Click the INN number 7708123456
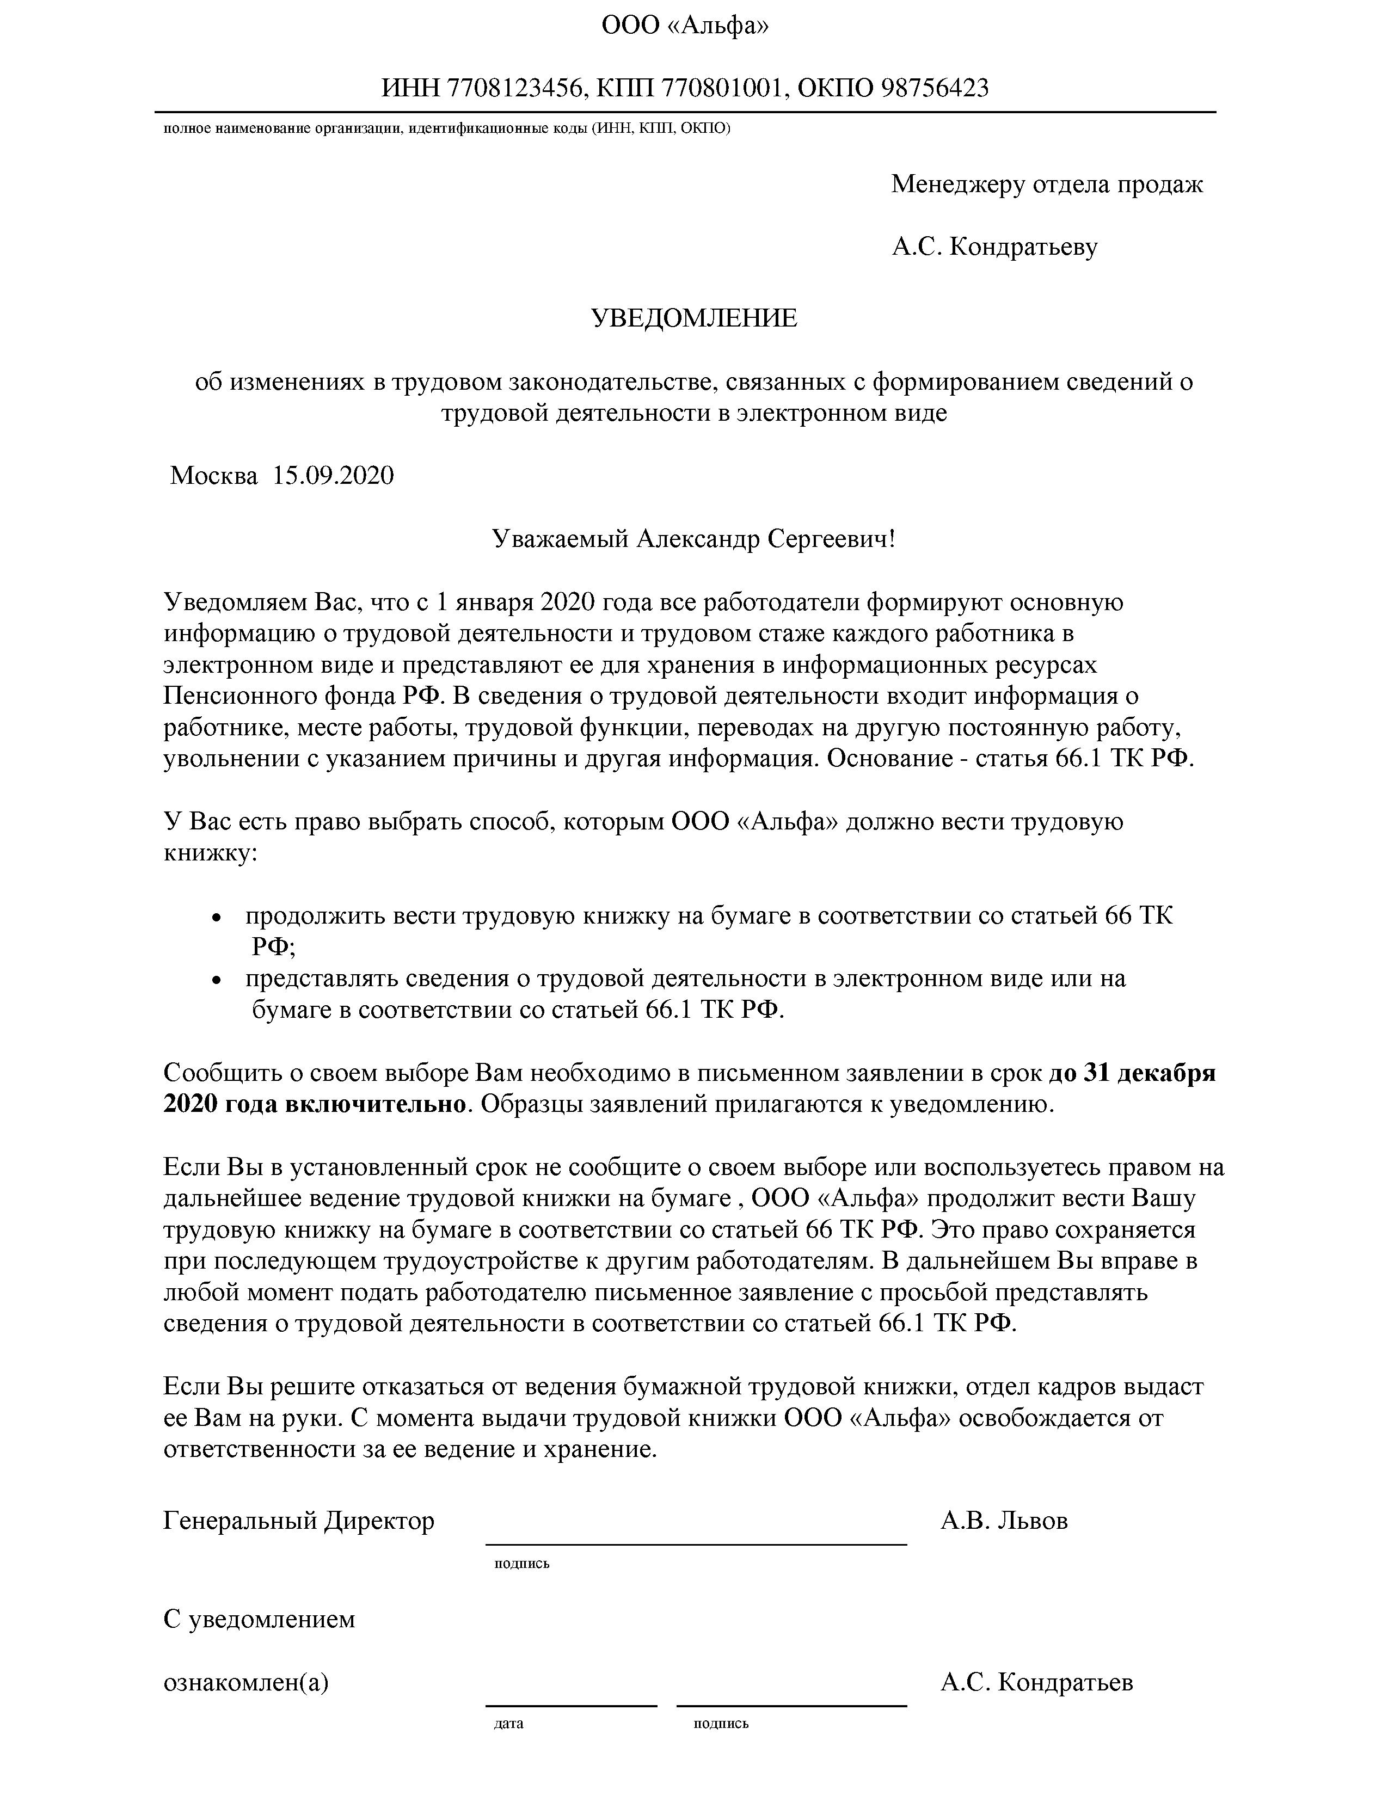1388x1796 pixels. click(x=513, y=88)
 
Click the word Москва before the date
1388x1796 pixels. click(x=213, y=475)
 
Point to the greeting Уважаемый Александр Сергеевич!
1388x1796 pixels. click(x=692, y=539)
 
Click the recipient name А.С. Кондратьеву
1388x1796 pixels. click(x=994, y=247)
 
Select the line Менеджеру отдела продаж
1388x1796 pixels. click(x=1047, y=184)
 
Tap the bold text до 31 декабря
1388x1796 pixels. click(x=1132, y=1074)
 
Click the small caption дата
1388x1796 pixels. click(x=508, y=1724)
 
